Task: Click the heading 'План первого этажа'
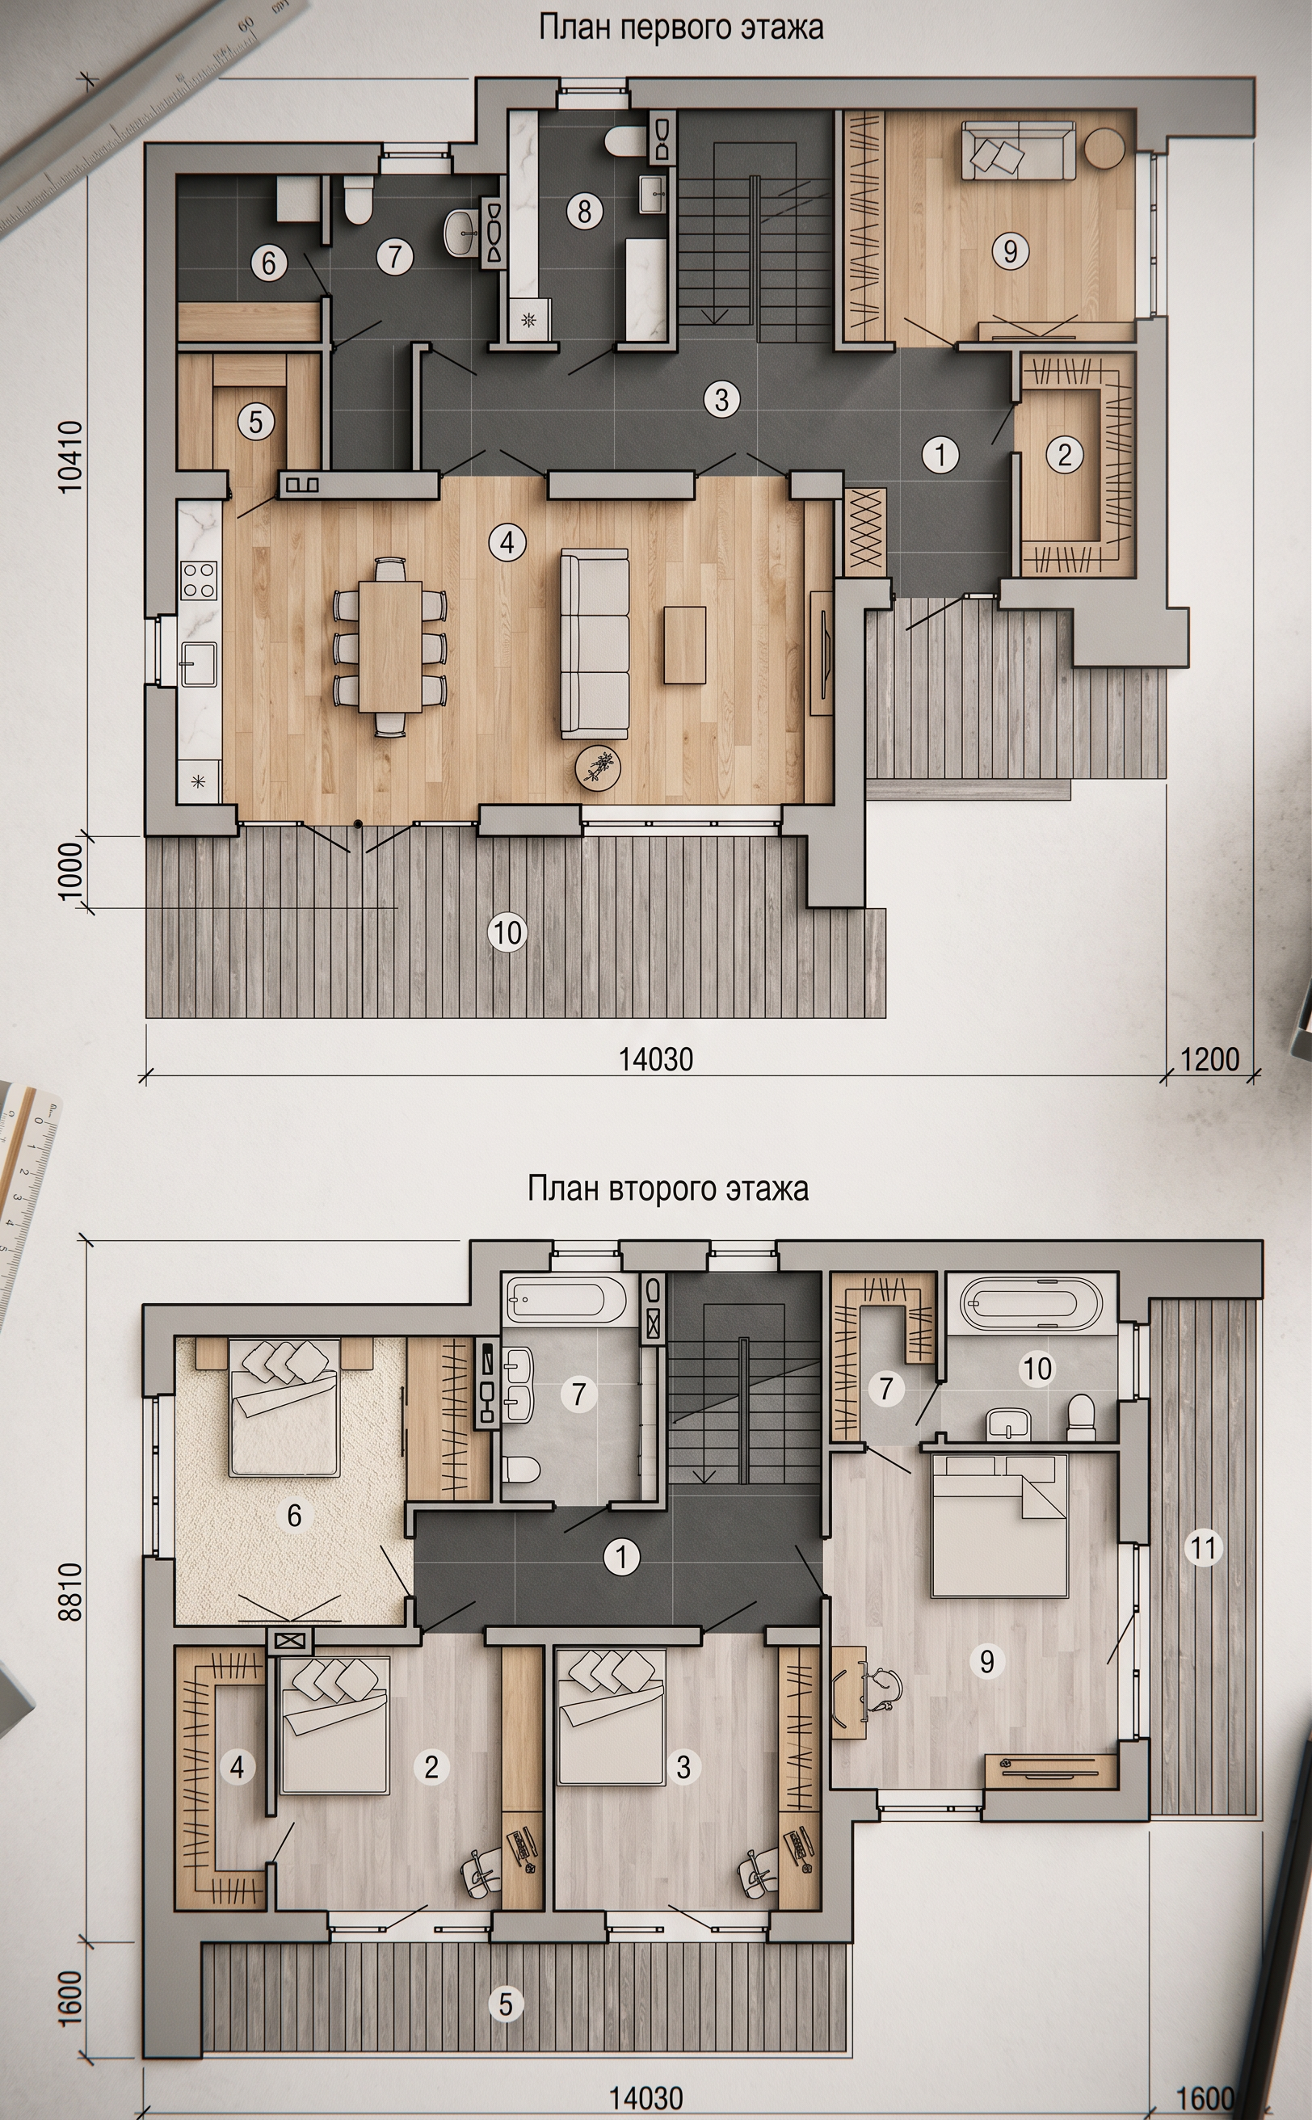(x=680, y=27)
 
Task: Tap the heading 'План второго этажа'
(x=667, y=1187)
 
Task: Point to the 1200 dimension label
(x=1209, y=1059)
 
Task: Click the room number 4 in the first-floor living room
(x=507, y=542)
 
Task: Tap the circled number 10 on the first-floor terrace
(x=507, y=933)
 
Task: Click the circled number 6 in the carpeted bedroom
(x=294, y=1515)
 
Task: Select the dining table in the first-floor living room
(x=390, y=647)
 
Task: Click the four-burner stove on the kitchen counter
(x=199, y=579)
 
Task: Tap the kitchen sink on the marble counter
(x=199, y=664)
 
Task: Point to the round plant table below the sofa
(x=597, y=766)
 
